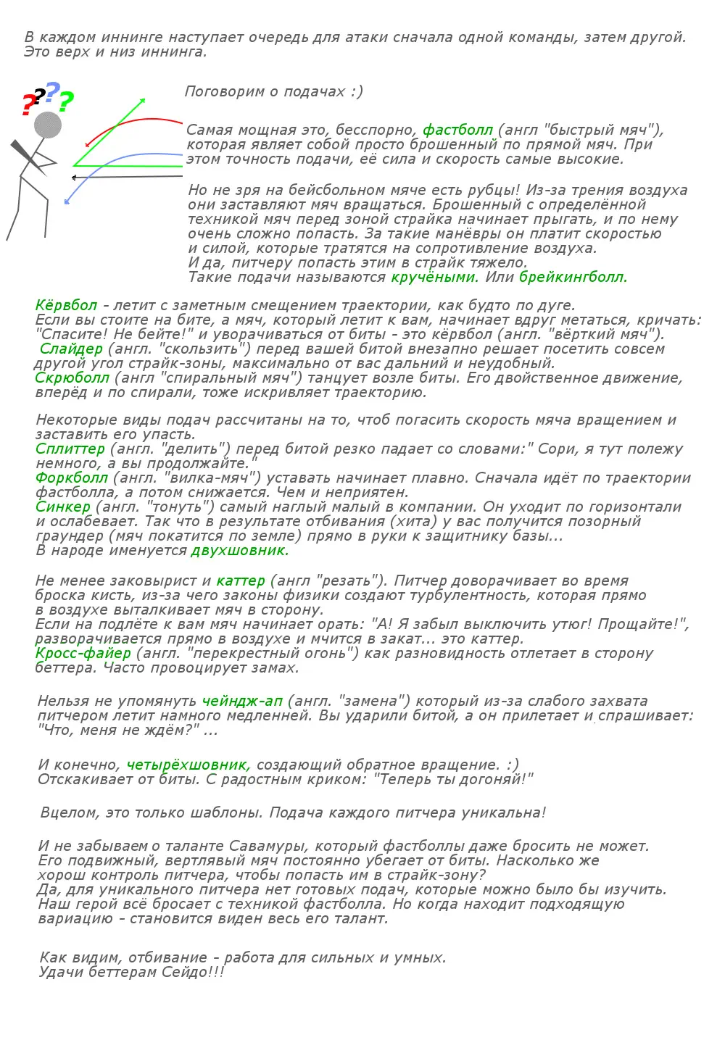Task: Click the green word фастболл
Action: click(457, 130)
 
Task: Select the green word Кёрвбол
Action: click(66, 305)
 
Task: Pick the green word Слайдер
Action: click(71, 349)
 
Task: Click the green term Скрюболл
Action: click(72, 378)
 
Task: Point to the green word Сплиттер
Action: click(70, 449)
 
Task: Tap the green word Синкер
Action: click(63, 507)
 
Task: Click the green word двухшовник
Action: click(240, 550)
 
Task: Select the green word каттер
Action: click(241, 581)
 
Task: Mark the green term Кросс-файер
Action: click(83, 653)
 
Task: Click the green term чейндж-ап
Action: click(242, 701)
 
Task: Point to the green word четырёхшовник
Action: click(188, 765)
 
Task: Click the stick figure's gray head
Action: click(48, 125)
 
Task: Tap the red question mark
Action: click(28, 106)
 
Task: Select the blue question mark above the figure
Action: click(52, 92)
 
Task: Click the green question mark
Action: click(66, 102)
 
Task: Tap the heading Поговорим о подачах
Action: click(273, 91)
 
